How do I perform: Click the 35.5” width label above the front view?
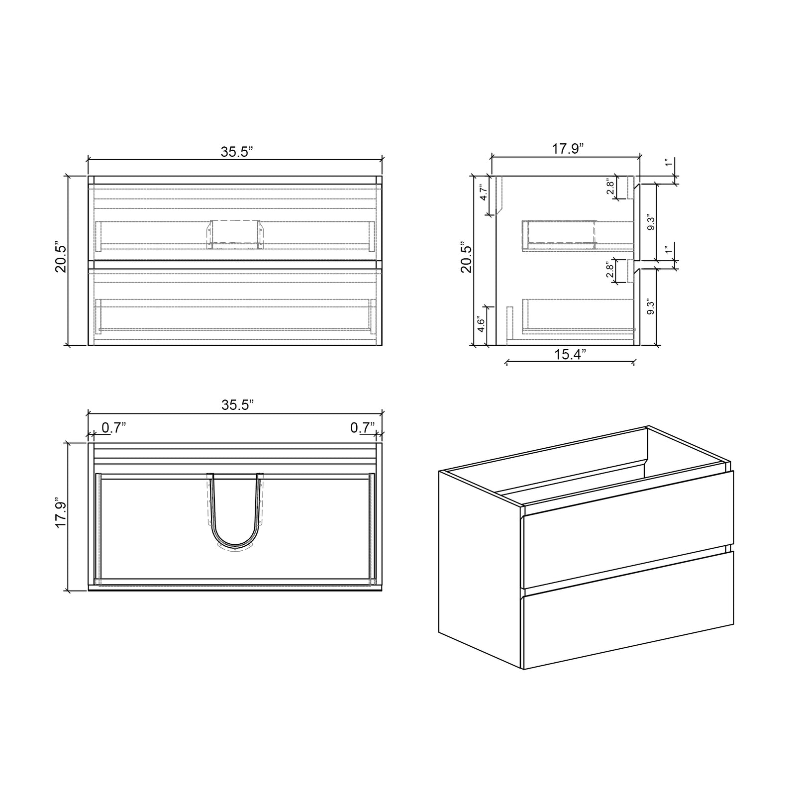[x=237, y=152]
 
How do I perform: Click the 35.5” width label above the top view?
[x=237, y=405]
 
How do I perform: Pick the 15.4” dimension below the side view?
[x=570, y=354]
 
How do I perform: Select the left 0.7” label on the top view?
[x=113, y=428]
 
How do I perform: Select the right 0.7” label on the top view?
[x=362, y=428]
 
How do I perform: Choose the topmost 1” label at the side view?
[x=669, y=163]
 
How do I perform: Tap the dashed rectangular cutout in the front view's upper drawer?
[x=234, y=234]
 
